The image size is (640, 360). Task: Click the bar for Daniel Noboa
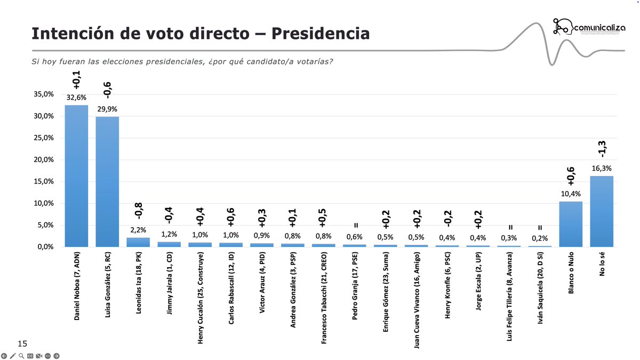76,176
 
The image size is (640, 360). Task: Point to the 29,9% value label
107,109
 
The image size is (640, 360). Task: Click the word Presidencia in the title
320,33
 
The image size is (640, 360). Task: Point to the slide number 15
22,343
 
